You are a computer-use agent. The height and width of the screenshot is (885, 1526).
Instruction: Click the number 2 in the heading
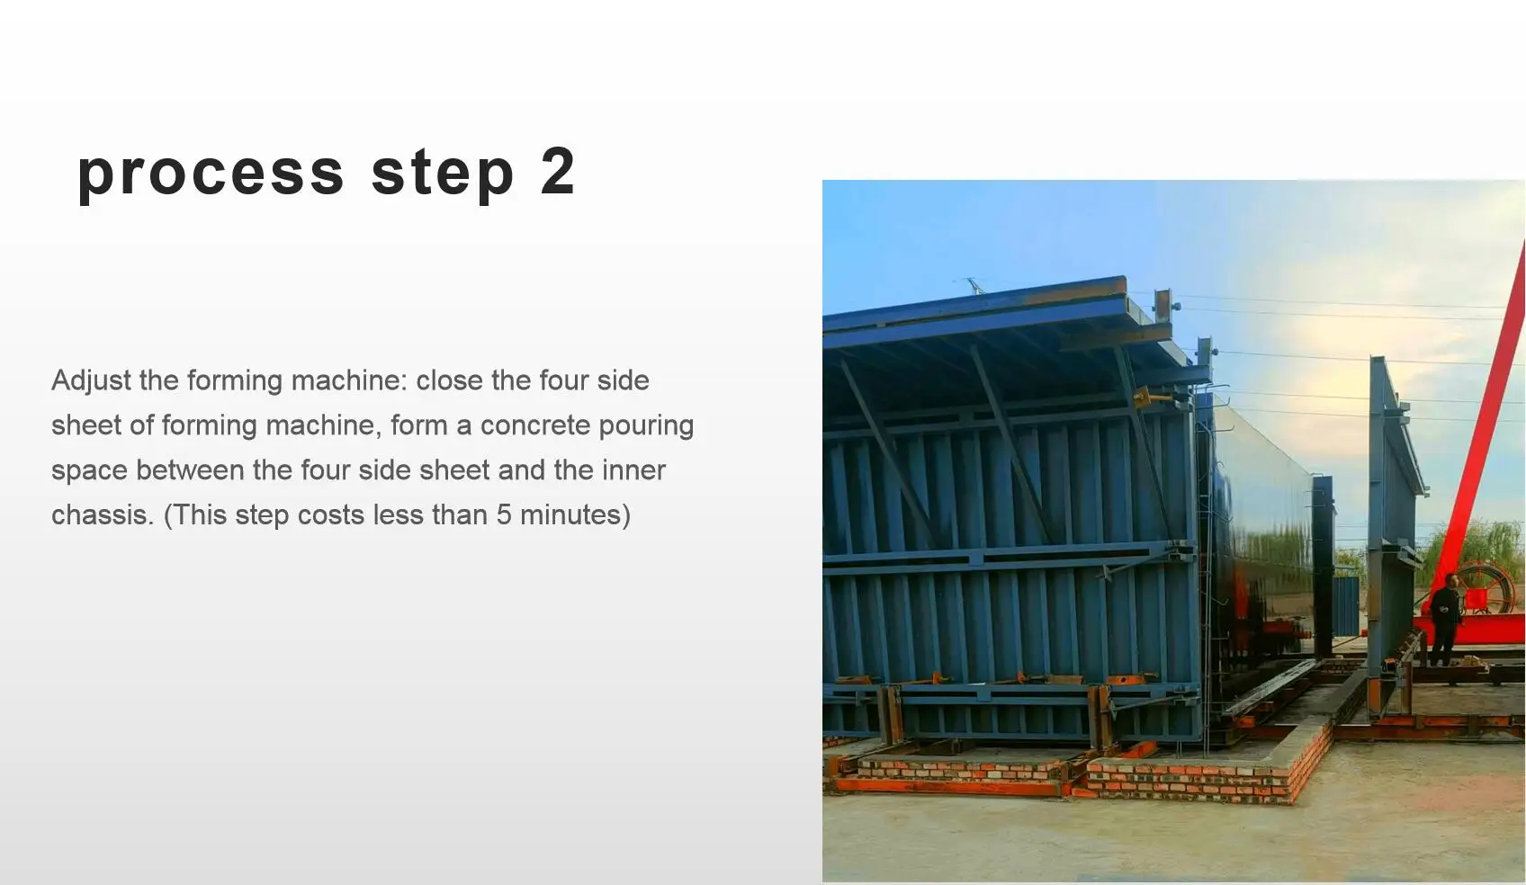tap(557, 171)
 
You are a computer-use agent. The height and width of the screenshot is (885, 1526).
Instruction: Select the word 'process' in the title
tap(211, 173)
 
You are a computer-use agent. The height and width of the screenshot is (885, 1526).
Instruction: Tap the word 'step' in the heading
tap(442, 173)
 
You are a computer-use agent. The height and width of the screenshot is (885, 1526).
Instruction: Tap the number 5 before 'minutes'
tap(503, 514)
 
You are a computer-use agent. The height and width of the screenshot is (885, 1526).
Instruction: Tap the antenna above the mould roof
tap(972, 285)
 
